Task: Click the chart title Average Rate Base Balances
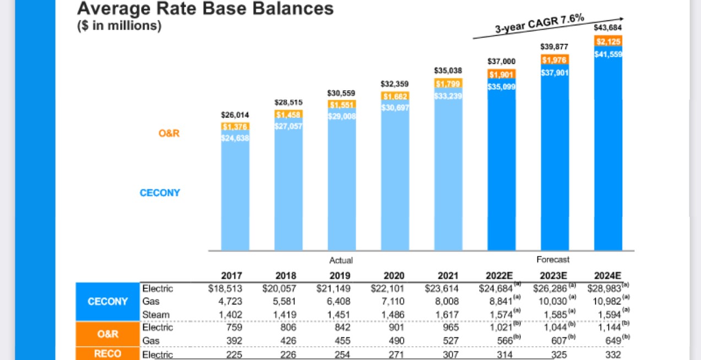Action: point(205,9)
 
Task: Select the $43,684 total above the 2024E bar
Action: point(608,28)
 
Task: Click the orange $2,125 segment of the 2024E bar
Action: point(608,42)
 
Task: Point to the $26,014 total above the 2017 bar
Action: point(235,115)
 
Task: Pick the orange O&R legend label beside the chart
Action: point(169,133)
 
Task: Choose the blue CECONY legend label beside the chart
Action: point(160,193)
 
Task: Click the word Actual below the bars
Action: point(341,260)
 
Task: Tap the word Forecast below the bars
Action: point(553,259)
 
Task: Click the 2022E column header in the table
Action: point(499,276)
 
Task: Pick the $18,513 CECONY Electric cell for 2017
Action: point(225,288)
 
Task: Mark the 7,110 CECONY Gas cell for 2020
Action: point(394,301)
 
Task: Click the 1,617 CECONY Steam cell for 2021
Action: point(447,314)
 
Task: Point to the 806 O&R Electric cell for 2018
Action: point(287,328)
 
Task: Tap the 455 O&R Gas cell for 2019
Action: point(341,341)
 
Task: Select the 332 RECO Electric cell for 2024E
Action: point(612,354)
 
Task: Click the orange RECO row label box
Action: point(107,354)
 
